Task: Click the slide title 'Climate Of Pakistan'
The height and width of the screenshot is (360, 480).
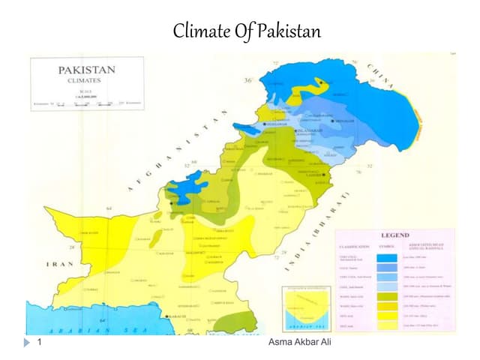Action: click(x=246, y=31)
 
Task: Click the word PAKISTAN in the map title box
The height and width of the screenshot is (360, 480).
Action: click(x=87, y=70)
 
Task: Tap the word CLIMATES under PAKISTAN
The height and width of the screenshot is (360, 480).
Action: click(x=86, y=81)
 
